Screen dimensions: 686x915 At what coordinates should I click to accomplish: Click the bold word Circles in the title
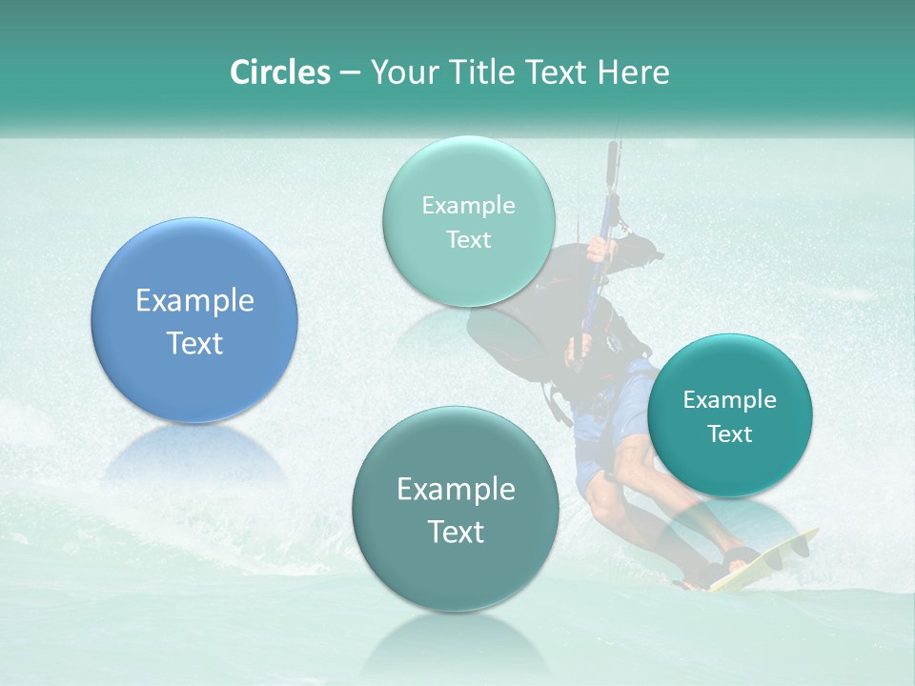click(x=279, y=72)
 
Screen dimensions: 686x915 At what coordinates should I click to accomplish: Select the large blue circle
click(x=194, y=320)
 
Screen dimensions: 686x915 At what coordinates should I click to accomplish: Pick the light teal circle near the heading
click(x=468, y=221)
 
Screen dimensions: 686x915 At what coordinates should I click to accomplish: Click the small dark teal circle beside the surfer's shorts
click(x=730, y=415)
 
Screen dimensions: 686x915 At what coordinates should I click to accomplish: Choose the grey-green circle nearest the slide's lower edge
click(x=456, y=509)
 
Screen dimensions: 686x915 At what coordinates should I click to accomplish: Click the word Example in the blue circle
click(x=194, y=301)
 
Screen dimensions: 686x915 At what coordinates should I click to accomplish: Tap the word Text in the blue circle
click(x=194, y=343)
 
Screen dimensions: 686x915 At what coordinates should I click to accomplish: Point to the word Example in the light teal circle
click(x=468, y=205)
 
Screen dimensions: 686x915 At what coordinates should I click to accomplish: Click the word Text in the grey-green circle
click(x=456, y=532)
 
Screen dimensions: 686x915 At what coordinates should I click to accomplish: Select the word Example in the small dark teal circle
click(x=730, y=399)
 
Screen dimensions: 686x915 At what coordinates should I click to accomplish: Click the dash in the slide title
click(x=350, y=73)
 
